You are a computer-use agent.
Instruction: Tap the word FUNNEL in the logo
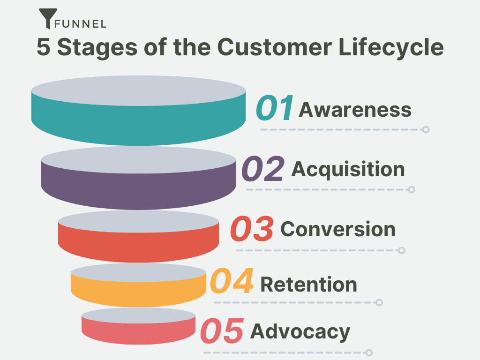80,23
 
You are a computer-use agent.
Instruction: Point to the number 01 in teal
275,108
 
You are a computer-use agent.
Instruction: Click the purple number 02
263,169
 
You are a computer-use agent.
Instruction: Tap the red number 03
252,229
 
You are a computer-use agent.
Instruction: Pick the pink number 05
222,330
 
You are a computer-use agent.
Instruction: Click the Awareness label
355,110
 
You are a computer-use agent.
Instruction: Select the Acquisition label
348,169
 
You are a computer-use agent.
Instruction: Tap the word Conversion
337,229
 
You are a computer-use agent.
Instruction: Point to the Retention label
308,285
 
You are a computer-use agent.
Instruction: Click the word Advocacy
300,331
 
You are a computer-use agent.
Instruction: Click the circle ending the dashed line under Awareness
426,129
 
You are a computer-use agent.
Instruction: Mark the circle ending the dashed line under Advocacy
369,352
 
